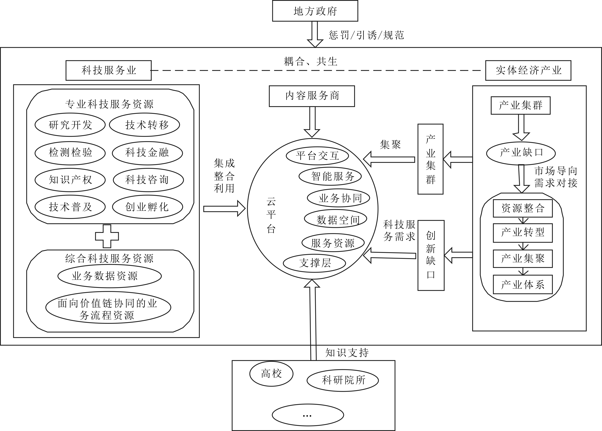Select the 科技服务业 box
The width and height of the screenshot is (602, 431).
click(x=108, y=70)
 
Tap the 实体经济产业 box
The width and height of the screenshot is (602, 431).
click(x=528, y=70)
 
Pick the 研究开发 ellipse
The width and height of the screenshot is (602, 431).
click(x=70, y=125)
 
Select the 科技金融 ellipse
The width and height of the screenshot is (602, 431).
click(x=147, y=153)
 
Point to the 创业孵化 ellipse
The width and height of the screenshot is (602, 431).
click(x=147, y=207)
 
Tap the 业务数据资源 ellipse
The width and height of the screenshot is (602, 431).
click(x=110, y=276)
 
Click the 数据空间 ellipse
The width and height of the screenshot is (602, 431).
click(x=335, y=219)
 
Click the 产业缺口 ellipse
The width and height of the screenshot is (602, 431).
click(x=521, y=153)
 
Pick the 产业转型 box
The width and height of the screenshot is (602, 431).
click(x=522, y=233)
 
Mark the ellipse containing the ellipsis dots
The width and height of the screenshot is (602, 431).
click(x=308, y=415)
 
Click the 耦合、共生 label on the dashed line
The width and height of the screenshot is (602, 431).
click(x=310, y=62)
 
